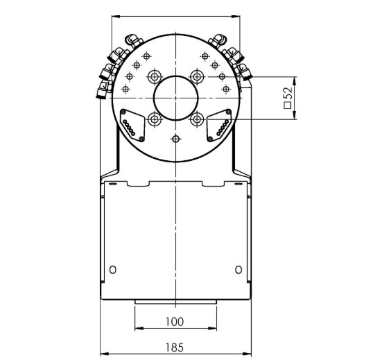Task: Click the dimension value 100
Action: click(x=175, y=321)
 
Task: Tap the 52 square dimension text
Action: click(x=287, y=98)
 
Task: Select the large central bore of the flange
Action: click(x=175, y=96)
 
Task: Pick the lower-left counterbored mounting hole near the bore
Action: click(x=153, y=119)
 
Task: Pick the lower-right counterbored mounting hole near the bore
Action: click(x=198, y=119)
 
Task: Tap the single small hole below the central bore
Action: click(x=175, y=140)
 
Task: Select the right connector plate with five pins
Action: click(x=218, y=123)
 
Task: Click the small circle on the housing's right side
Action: click(x=238, y=268)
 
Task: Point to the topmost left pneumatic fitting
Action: click(x=131, y=40)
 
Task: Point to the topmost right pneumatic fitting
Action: click(x=219, y=40)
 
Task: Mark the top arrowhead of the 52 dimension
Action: click(x=296, y=78)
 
